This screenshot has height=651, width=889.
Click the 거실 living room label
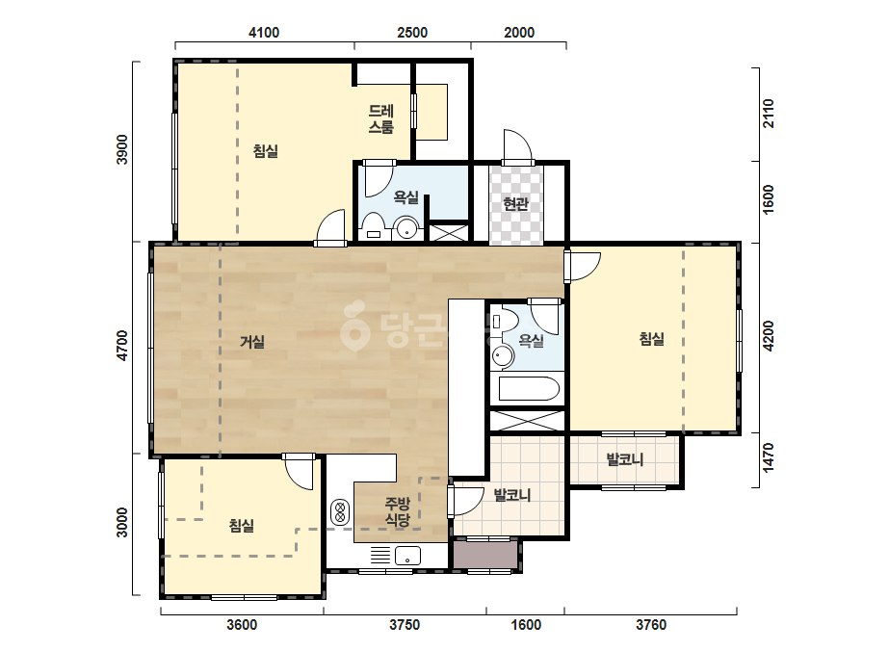(x=252, y=341)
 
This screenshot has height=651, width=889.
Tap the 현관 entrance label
(x=515, y=203)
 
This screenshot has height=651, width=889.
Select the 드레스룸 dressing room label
(x=381, y=118)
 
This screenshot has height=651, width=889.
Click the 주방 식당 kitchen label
(x=398, y=511)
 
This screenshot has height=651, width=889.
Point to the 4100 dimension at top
(x=264, y=33)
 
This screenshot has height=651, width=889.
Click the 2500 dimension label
(x=412, y=33)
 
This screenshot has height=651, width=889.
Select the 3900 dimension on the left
(x=122, y=149)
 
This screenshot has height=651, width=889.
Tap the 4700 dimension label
(x=122, y=346)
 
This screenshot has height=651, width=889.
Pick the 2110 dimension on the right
(x=768, y=114)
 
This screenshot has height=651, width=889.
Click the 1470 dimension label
(x=768, y=457)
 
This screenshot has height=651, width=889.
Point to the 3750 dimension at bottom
(x=405, y=625)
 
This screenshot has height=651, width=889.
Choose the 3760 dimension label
(x=651, y=625)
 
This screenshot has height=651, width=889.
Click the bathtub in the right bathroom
(x=529, y=389)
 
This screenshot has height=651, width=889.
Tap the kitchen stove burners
(x=340, y=511)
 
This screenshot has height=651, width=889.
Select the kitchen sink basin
(x=407, y=555)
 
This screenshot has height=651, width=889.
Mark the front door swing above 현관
(x=518, y=146)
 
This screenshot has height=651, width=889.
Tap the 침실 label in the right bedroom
(x=651, y=339)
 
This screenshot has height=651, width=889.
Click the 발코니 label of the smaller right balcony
(x=625, y=458)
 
